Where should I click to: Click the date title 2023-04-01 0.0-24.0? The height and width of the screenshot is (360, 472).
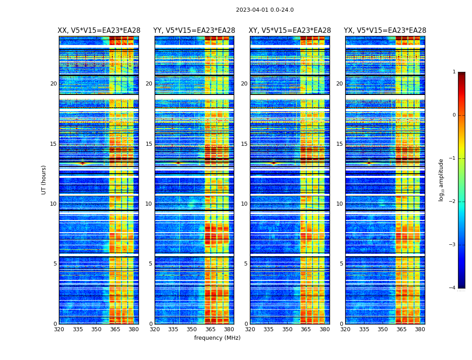pyautogui.click(x=265, y=10)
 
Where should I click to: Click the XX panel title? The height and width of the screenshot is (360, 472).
pyautogui.click(x=99, y=31)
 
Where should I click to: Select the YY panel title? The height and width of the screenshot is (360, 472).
pyautogui.click(x=194, y=31)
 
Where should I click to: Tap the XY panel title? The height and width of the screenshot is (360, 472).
pyautogui.click(x=290, y=31)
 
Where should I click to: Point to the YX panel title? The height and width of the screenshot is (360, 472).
pyautogui.click(x=385, y=31)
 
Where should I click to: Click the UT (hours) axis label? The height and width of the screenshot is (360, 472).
pyautogui.click(x=44, y=180)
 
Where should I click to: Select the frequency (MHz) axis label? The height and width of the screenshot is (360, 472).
pyautogui.click(x=217, y=338)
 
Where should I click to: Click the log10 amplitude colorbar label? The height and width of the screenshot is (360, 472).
pyautogui.click(x=441, y=180)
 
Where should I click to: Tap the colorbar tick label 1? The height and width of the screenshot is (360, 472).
pyautogui.click(x=454, y=72)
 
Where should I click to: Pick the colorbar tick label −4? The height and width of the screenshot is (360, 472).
pyautogui.click(x=453, y=288)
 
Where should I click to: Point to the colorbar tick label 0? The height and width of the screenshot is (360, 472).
pyautogui.click(x=454, y=115)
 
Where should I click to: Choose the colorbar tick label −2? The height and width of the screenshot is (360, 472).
pyautogui.click(x=453, y=202)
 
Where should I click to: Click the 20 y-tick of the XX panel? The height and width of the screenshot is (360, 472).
pyautogui.click(x=53, y=84)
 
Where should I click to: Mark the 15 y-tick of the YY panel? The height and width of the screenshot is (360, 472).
pyautogui.click(x=149, y=144)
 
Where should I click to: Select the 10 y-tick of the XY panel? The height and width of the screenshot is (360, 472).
pyautogui.click(x=244, y=204)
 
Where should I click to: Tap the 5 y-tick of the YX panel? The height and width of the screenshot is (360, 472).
pyautogui.click(x=341, y=264)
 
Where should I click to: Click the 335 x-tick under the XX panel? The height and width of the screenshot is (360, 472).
pyautogui.click(x=78, y=329)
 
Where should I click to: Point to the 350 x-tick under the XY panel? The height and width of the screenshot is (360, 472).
pyautogui.click(x=287, y=329)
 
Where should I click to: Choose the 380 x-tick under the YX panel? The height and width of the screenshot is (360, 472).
pyautogui.click(x=420, y=329)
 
